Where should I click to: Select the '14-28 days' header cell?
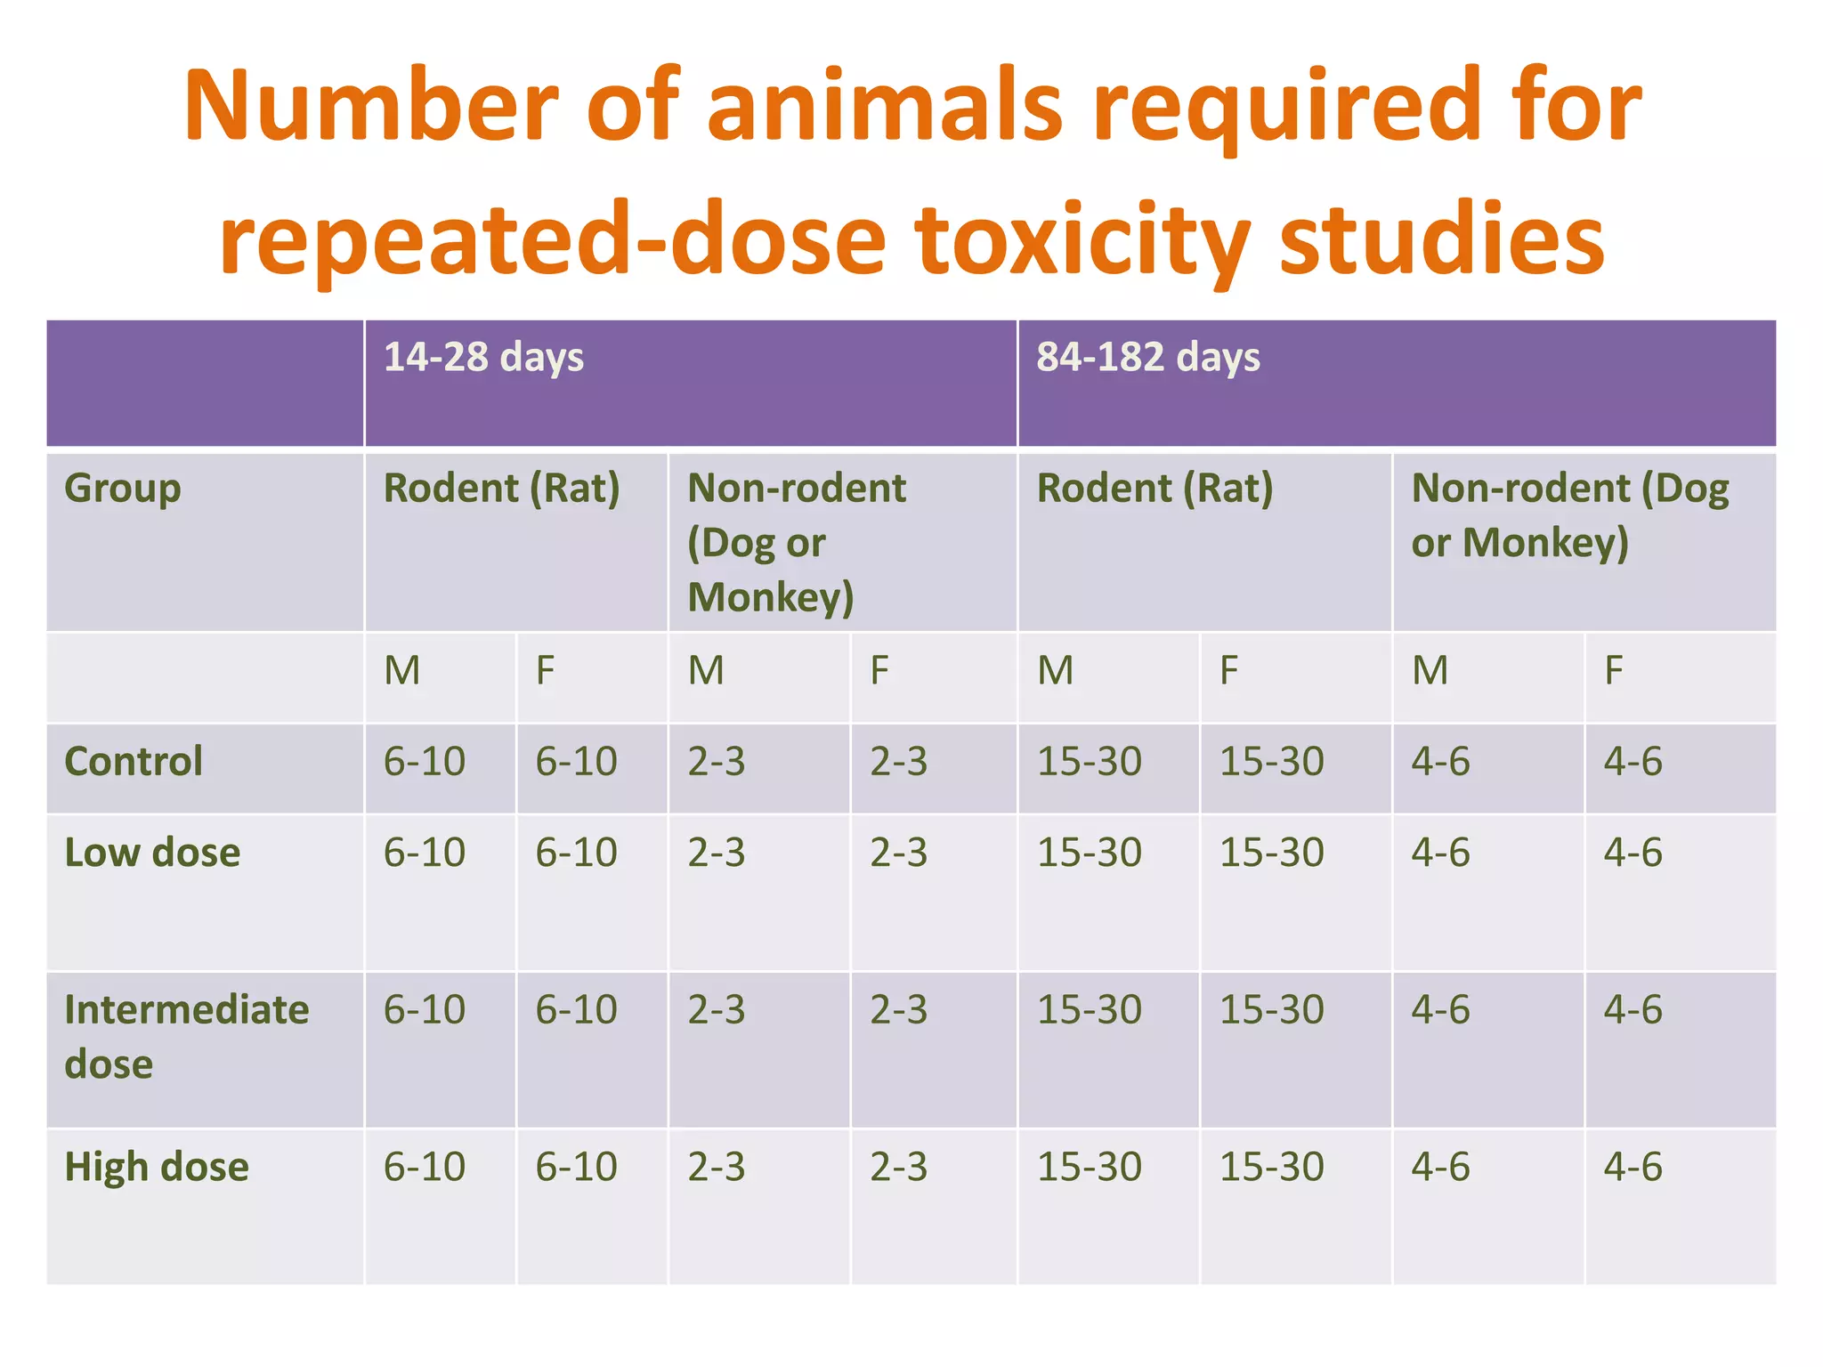pyautogui.click(x=483, y=358)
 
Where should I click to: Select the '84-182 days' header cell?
pyautogui.click(x=1147, y=358)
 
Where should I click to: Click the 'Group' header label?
pyautogui.click(x=123, y=488)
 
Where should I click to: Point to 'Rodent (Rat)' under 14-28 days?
pyautogui.click(x=501, y=489)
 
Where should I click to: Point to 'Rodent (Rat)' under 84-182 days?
pyautogui.click(x=1155, y=489)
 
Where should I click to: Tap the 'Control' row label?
pyautogui.click(x=134, y=762)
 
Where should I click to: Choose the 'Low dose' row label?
pyautogui.click(x=152, y=853)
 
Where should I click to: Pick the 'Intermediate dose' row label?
pyautogui.click(x=186, y=1036)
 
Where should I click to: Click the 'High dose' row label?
pyautogui.click(x=157, y=1167)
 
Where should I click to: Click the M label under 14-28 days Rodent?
pyautogui.click(x=401, y=670)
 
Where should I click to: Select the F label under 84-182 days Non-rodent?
pyautogui.click(x=1613, y=670)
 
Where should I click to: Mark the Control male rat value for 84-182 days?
pyautogui.click(x=1089, y=762)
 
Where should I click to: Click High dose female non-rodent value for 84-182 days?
pyautogui.click(x=1633, y=1167)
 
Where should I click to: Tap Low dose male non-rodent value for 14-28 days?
pyautogui.click(x=716, y=853)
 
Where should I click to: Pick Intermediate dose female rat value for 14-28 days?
pyautogui.click(x=576, y=1010)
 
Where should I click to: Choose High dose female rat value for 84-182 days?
pyautogui.click(x=1271, y=1167)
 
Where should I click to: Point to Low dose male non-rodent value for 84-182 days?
pyautogui.click(x=1440, y=853)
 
